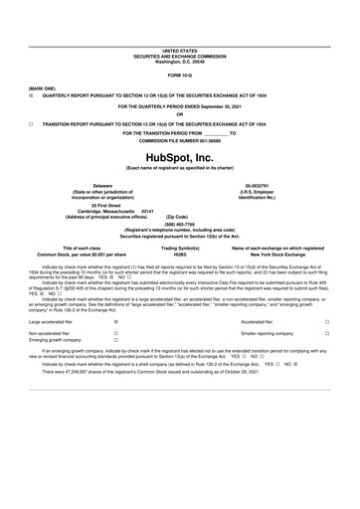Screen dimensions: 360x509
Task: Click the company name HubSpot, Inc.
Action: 179,157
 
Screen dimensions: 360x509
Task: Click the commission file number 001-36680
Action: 179,140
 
